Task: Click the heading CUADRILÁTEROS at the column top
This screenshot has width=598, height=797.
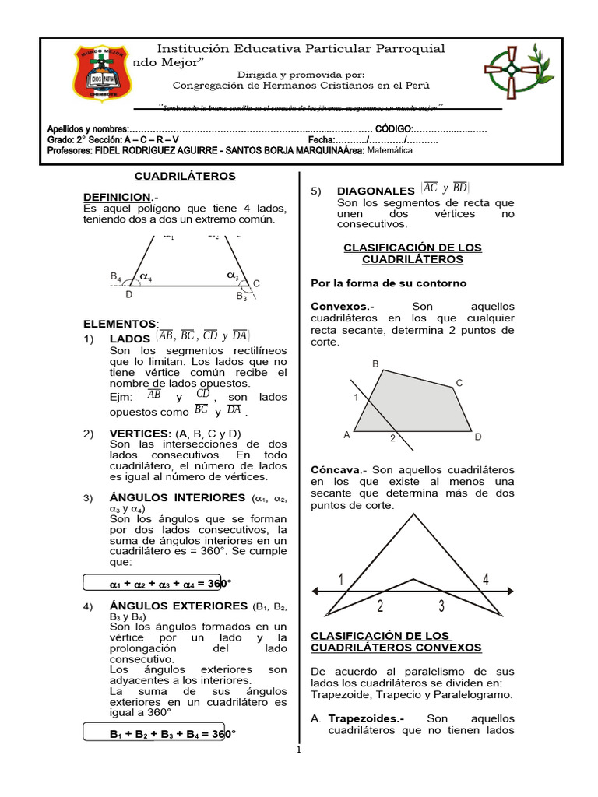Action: [185, 177]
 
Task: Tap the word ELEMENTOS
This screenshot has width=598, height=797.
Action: [120, 323]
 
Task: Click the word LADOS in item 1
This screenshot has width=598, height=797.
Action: [130, 339]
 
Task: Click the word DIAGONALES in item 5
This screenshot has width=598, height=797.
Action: [375, 191]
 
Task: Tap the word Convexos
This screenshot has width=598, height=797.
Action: [341, 307]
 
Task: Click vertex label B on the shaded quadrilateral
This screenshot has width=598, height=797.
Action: [375, 363]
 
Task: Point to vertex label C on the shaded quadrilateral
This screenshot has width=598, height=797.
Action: [459, 382]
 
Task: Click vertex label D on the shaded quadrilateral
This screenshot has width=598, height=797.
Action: [478, 437]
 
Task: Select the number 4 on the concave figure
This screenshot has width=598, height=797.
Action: [485, 579]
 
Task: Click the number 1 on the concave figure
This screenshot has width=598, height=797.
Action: [341, 580]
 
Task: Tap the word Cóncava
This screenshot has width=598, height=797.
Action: [335, 470]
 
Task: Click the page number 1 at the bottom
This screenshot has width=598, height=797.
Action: [299, 751]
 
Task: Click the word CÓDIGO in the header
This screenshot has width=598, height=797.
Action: [394, 129]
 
